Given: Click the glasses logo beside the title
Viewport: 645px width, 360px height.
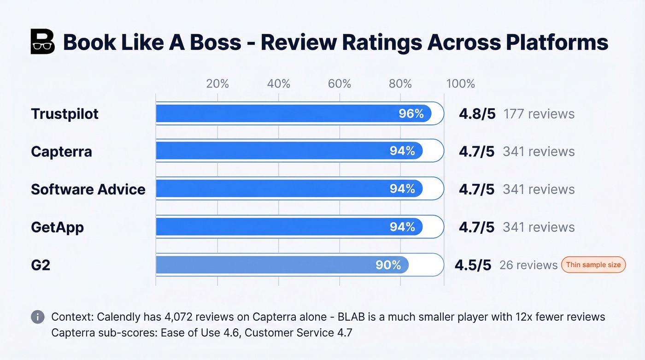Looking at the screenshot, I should point(42,42).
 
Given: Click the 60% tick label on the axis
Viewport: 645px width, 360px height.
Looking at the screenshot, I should point(340,83).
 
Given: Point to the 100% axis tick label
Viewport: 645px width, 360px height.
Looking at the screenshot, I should point(460,83).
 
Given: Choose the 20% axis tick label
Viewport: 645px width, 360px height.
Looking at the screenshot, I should point(217,83).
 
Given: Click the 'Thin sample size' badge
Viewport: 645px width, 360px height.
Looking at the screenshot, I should point(593,265).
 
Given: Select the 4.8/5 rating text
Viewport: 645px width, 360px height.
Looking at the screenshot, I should point(477,114).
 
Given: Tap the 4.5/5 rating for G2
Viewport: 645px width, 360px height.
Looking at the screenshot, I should point(473,265).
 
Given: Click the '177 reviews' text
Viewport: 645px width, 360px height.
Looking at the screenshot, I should point(539,114).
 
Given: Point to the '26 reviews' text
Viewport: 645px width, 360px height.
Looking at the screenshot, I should point(528,265).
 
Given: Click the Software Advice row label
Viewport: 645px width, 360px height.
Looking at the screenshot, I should point(88,189).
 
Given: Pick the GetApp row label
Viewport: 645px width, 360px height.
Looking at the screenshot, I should point(57,227).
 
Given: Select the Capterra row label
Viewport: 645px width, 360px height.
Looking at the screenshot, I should point(61,152).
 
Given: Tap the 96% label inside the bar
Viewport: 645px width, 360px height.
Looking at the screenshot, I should point(411,114).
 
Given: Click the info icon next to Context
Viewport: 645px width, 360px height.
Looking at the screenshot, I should point(38,317).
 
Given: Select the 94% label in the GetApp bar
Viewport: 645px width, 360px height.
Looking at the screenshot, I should point(402,227).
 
